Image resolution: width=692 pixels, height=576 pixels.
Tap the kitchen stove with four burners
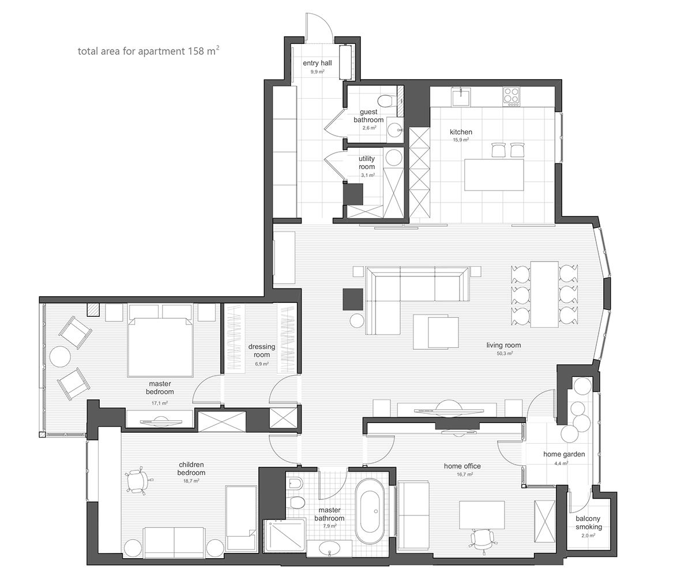512,96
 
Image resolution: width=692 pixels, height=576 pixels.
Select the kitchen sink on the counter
460,96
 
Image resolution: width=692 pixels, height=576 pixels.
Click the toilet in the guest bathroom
385,100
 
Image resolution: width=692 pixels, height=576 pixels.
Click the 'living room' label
503,345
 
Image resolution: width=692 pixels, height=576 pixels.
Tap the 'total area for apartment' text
131,51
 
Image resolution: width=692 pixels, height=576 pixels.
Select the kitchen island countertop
494,175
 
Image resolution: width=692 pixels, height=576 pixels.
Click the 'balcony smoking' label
589,522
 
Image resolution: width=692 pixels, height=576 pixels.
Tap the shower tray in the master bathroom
285,536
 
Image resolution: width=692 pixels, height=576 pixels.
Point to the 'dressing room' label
261,351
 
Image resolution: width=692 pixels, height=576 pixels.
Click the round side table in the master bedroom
60,356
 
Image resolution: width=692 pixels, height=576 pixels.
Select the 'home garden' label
564,454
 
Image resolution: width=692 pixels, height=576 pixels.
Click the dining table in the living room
544,294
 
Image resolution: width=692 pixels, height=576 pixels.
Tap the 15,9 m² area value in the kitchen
461,140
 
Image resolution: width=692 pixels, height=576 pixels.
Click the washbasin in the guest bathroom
394,130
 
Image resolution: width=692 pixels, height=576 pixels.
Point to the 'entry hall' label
317,63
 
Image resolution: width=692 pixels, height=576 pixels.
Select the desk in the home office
482,515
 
